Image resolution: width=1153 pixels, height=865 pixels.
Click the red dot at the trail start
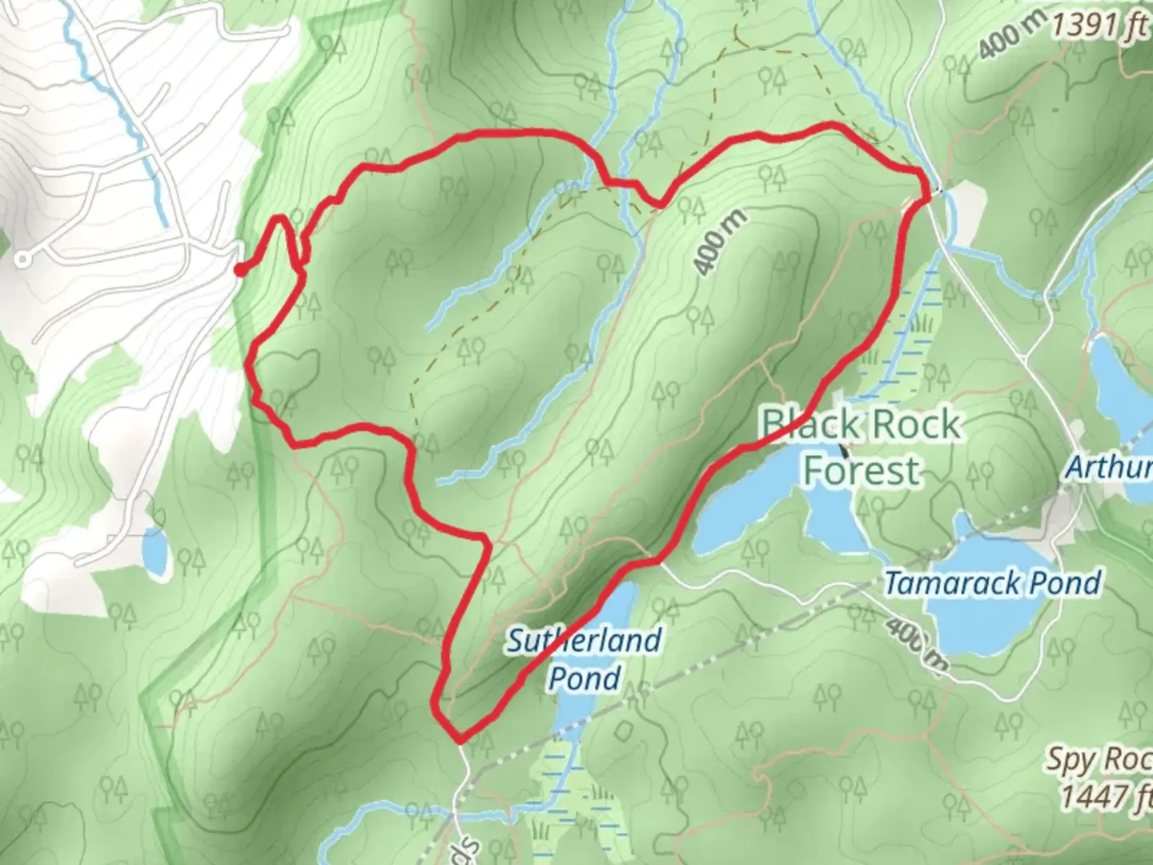point(239,270)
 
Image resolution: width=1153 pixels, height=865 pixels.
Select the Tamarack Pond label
point(993,583)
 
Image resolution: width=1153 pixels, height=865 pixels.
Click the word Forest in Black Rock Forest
point(862,470)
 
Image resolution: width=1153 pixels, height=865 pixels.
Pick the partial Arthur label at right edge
point(1109,467)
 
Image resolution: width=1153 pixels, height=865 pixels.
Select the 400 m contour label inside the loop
point(720,243)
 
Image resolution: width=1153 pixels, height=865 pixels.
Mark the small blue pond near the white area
point(155,549)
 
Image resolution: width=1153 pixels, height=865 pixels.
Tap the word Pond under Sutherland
point(585,678)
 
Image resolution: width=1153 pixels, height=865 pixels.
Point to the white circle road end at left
point(22,259)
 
